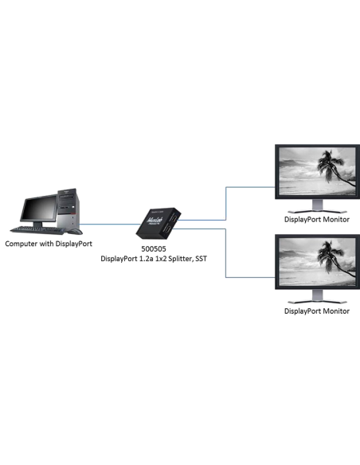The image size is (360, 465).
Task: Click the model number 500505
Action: pyautogui.click(x=153, y=248)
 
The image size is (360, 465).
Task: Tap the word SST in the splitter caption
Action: pyautogui.click(x=201, y=259)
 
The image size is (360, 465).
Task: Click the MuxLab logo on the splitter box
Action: pyautogui.click(x=155, y=221)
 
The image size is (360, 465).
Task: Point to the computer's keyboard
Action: pyautogui.click(x=37, y=230)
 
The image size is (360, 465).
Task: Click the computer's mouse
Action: pyautogui.click(x=75, y=232)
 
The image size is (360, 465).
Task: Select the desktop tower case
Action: pyautogui.click(x=68, y=209)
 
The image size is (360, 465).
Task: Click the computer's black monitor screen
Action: pyautogui.click(x=39, y=209)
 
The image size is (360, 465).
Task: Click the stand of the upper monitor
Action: pyautogui.click(x=317, y=206)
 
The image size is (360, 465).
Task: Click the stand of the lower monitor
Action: pyautogui.click(x=317, y=296)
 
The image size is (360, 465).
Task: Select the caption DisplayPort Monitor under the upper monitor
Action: pyautogui.click(x=317, y=220)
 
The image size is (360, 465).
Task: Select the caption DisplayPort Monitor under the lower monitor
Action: pyautogui.click(x=317, y=311)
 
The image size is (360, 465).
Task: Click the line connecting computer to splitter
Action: pyautogui.click(x=110, y=225)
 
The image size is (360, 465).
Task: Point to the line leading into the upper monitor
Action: pyautogui.click(x=226, y=204)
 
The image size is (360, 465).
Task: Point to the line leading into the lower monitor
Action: pyautogui.click(x=226, y=253)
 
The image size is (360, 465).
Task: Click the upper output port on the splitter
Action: pyautogui.click(x=173, y=218)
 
